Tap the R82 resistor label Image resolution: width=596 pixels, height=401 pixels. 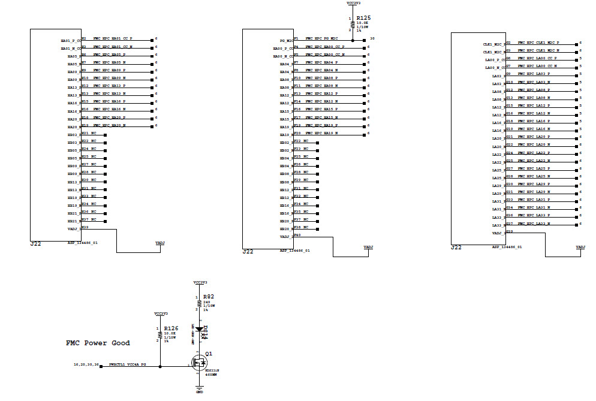(x=208, y=296)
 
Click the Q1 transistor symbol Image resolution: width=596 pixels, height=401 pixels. (x=197, y=361)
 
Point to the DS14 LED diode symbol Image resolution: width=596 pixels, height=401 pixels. (x=199, y=329)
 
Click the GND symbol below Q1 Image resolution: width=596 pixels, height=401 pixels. (x=199, y=390)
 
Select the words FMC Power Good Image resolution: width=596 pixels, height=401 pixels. (x=98, y=343)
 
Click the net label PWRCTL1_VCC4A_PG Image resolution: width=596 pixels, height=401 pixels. (x=127, y=364)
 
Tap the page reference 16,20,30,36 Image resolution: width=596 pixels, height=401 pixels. (x=85, y=364)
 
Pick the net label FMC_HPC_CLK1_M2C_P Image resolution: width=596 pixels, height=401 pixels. (x=538, y=43)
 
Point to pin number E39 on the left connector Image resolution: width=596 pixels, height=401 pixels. (x=85, y=227)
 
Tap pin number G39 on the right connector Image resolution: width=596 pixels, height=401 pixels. (x=509, y=231)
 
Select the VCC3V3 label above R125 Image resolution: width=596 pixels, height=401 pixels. (x=353, y=3)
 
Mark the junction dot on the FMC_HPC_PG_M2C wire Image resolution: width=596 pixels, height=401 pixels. (x=353, y=40)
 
